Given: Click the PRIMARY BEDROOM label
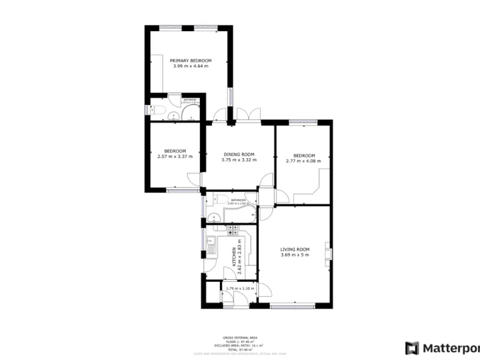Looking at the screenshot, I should click(x=191, y=61).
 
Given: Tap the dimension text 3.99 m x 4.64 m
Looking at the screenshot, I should click(x=191, y=66).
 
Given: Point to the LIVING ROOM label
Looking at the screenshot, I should click(x=295, y=249).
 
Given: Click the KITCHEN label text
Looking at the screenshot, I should click(x=234, y=256).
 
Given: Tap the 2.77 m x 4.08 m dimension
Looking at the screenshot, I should click(x=304, y=161).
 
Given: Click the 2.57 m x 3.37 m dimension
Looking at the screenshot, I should click(x=175, y=156).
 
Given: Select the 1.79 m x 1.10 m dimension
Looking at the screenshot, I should click(x=239, y=288).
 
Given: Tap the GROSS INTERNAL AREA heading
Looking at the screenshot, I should click(x=239, y=337).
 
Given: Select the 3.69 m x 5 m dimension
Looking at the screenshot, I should click(x=295, y=255).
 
